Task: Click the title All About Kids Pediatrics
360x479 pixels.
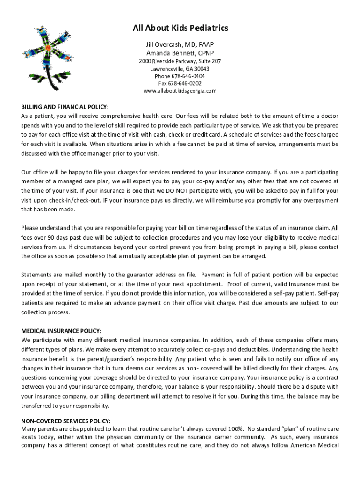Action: coord(180,29)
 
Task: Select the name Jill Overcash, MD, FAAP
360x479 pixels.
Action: coord(180,44)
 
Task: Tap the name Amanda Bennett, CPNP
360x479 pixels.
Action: coord(180,53)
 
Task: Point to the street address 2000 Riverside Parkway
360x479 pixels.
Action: coord(180,61)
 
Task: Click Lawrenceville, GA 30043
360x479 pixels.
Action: coord(180,69)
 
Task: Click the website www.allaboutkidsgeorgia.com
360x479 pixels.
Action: coord(180,91)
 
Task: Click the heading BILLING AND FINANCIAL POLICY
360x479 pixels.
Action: coord(65,107)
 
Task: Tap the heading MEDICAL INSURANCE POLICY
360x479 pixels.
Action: coord(61,331)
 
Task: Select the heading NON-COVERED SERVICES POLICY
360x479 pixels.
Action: coord(66,421)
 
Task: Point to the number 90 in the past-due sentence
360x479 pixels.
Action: coord(50,238)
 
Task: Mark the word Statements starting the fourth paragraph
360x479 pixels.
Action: coord(36,275)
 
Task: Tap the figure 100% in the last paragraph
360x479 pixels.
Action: coord(234,429)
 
